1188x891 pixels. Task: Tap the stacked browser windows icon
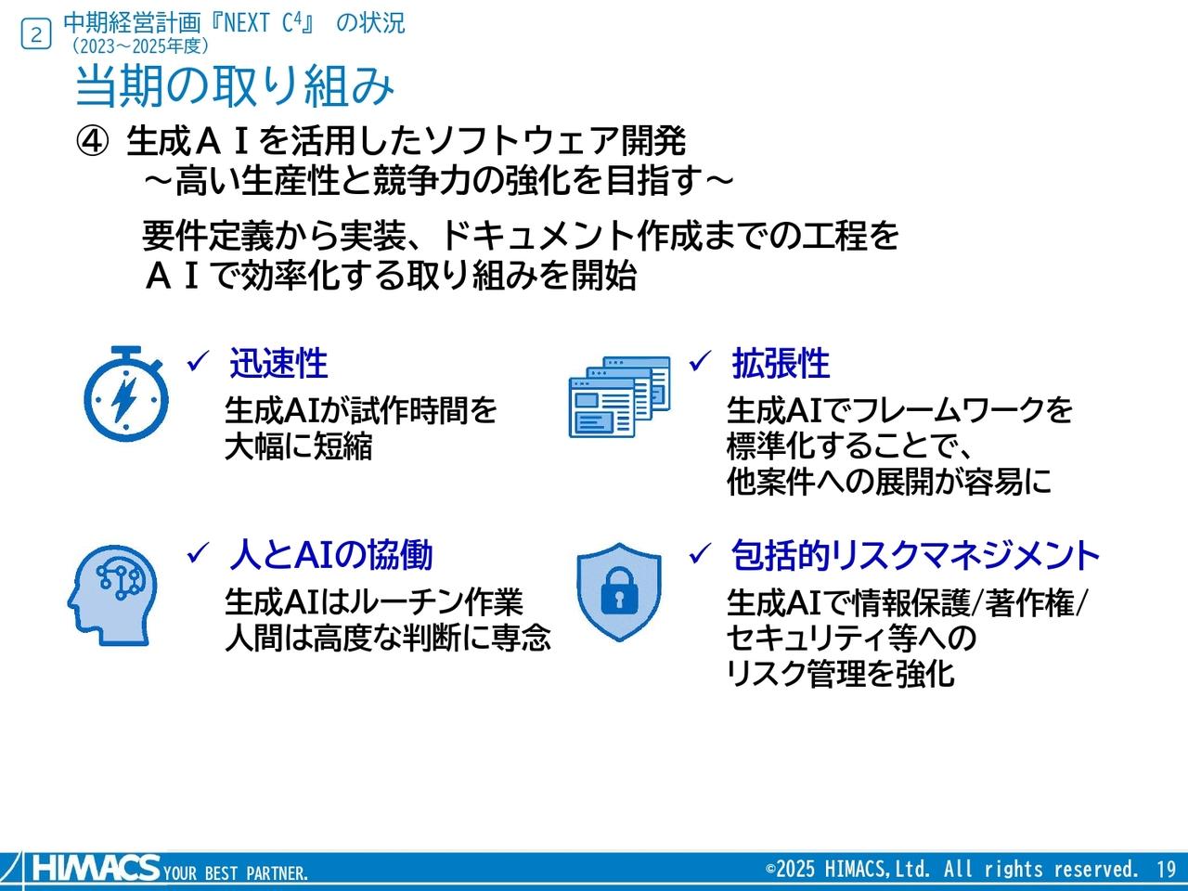click(x=619, y=396)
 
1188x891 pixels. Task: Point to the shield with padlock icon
click(x=619, y=591)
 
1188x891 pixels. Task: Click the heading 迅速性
click(x=278, y=364)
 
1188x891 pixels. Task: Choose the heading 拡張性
click(x=781, y=364)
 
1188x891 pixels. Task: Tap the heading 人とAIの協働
click(x=330, y=555)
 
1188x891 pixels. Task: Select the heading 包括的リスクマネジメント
click(x=915, y=555)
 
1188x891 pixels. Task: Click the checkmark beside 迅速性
click(x=197, y=362)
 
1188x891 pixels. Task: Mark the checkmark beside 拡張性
click(x=699, y=362)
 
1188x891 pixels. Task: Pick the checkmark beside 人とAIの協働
click(x=197, y=554)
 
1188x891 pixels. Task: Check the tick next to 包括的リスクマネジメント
click(x=699, y=554)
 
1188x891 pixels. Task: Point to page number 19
click(x=1167, y=870)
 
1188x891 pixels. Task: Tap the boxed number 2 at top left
click(x=36, y=34)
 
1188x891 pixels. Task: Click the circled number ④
click(x=92, y=142)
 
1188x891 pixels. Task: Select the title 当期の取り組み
click(x=235, y=86)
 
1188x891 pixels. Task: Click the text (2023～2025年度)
click(x=140, y=45)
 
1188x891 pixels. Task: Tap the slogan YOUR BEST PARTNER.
click(x=236, y=873)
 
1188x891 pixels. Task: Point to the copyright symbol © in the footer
click(x=770, y=870)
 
